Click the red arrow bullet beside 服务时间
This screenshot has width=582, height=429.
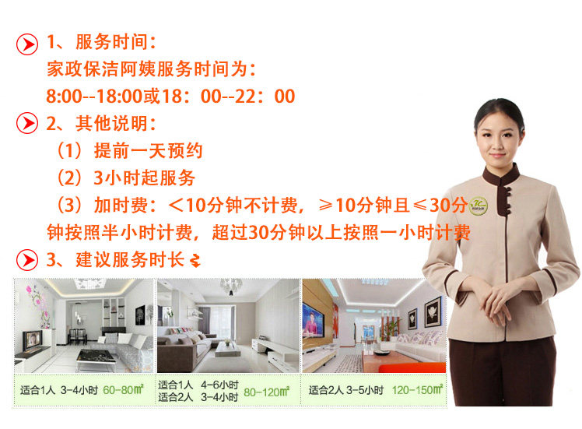(27, 44)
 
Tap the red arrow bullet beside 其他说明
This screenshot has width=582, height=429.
(27, 123)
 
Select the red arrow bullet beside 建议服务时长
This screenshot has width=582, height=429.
(27, 259)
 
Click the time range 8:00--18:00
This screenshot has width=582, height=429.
(94, 97)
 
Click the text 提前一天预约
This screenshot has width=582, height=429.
(148, 150)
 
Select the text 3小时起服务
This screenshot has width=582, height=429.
(145, 178)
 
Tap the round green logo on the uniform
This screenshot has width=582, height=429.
(479, 206)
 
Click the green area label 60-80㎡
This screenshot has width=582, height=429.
(123, 390)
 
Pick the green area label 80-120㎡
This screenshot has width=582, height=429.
(267, 392)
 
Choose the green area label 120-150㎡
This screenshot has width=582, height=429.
(417, 389)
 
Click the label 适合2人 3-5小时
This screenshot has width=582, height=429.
(346, 390)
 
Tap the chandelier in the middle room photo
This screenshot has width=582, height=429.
(230, 287)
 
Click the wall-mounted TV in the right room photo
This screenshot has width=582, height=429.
(313, 320)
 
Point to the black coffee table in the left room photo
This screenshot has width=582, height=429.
(96, 357)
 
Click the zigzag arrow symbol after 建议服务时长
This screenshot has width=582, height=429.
(195, 260)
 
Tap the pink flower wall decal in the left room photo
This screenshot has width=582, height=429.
(37, 303)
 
